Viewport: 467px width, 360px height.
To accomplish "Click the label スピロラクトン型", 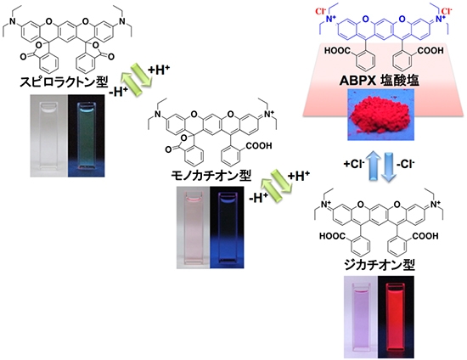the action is click(64, 82).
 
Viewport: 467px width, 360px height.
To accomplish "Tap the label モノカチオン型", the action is click(211, 176).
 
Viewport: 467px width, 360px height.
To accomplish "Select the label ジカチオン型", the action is click(380, 264).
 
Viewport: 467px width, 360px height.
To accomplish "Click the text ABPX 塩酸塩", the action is click(380, 81).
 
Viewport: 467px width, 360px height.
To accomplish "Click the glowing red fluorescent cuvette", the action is click(396, 317).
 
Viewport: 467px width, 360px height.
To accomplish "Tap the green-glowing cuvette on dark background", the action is click(86, 136).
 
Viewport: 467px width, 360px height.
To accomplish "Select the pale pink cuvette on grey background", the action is click(194, 228).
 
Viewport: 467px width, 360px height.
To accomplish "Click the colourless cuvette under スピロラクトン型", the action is click(49, 136).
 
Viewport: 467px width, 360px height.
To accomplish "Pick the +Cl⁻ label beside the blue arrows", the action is click(354, 164).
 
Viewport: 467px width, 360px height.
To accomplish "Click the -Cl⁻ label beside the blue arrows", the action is click(406, 164).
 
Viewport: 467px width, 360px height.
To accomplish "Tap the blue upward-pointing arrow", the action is click(374, 166).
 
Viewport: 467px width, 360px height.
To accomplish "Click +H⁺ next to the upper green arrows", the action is click(159, 70).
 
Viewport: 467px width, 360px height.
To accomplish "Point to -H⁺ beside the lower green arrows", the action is click(258, 198).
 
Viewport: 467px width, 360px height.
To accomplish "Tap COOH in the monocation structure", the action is click(258, 146).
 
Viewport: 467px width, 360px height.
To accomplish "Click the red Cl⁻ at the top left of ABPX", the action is click(321, 12).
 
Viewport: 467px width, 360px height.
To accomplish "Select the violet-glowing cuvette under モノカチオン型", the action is click(227, 228).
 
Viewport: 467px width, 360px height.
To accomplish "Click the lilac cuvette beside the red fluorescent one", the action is click(361, 317).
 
